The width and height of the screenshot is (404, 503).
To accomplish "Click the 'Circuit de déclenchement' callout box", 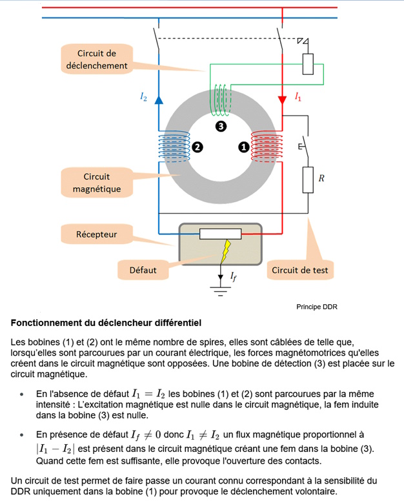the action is tap(97, 59).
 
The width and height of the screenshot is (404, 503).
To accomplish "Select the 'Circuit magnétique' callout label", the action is tap(97, 183).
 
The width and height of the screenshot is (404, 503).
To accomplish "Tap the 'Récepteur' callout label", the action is tap(97, 234).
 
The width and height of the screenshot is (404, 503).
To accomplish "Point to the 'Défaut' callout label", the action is tap(143, 270).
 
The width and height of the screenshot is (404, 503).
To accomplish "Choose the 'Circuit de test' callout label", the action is tap(300, 270).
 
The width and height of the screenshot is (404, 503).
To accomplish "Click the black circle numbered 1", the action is tap(244, 147).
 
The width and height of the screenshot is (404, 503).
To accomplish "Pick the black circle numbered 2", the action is tap(197, 147).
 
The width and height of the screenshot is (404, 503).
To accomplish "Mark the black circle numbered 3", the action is tap(221, 127).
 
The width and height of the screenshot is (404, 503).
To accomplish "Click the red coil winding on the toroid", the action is tap(267, 147).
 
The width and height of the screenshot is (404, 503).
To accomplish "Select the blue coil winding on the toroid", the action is tap(174, 147).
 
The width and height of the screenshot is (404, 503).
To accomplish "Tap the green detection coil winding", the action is tap(220, 99).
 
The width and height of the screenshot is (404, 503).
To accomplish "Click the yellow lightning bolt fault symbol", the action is tap(226, 251).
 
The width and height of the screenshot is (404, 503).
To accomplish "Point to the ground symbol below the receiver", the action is tap(221, 291).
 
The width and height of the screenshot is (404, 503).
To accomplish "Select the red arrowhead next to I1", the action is tap(282, 99).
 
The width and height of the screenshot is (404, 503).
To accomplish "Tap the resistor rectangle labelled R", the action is tap(308, 180).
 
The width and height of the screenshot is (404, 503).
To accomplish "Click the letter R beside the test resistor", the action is tap(321, 178).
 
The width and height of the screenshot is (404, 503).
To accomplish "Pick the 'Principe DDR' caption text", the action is tap(317, 307).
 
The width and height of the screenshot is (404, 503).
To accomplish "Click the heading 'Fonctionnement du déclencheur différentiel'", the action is tap(106, 323).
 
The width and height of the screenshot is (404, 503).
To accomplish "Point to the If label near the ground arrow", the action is tap(234, 276).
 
